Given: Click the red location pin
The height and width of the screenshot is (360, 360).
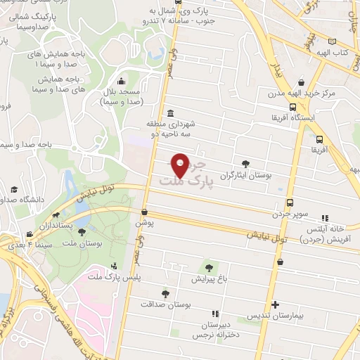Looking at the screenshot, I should [x=180, y=165].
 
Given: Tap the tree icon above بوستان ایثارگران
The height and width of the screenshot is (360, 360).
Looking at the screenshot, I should [x=245, y=162].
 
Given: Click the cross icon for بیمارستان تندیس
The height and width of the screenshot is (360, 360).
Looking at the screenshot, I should [x=276, y=306].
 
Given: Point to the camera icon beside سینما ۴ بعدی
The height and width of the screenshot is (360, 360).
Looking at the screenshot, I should [x=29, y=235].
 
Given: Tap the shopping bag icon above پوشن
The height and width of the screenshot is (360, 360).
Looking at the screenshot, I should [x=144, y=212].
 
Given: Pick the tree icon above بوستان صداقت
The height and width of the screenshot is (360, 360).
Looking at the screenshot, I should [x=166, y=294].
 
